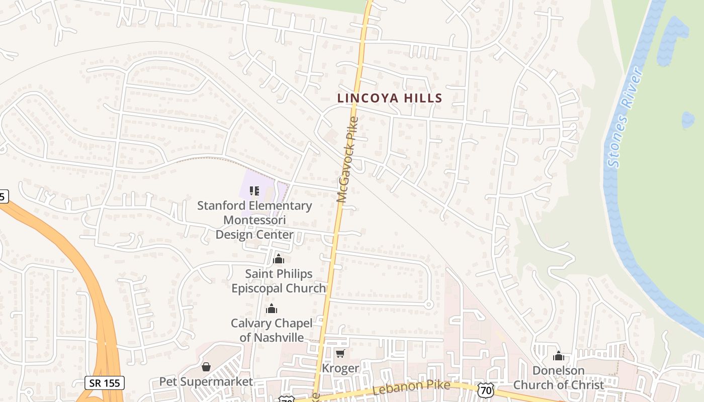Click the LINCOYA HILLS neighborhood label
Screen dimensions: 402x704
point(389,98)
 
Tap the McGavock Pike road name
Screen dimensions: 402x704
point(348,160)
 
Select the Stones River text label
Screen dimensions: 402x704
point(625,117)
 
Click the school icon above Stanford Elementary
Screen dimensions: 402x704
point(254,191)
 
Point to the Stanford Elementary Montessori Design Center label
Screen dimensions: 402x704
point(254,220)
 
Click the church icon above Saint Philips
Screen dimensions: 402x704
point(278,259)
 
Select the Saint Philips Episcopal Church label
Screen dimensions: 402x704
point(279,281)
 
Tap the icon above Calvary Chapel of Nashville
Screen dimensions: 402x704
point(272,309)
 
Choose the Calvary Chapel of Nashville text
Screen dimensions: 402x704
point(272,330)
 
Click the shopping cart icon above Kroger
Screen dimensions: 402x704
point(340,354)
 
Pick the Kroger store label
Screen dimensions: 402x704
point(340,368)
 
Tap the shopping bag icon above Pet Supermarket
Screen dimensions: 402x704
point(206,367)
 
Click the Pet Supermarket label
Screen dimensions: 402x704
point(206,381)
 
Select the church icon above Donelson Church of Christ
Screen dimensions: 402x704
point(558,356)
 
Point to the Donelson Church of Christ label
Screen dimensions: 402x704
point(558,378)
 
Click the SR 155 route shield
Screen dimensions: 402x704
point(104,383)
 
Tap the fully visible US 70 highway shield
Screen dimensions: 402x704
point(486,390)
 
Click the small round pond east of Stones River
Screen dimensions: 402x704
point(688,120)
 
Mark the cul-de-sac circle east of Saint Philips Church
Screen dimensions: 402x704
point(429,304)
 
